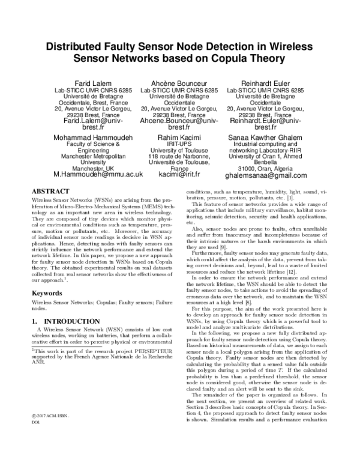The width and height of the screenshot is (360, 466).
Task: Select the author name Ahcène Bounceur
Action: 179,82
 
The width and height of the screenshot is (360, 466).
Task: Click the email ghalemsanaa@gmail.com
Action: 265,175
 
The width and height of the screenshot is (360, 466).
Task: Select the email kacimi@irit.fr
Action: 179,175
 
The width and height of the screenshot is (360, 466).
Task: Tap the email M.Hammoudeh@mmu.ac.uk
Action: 98,175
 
